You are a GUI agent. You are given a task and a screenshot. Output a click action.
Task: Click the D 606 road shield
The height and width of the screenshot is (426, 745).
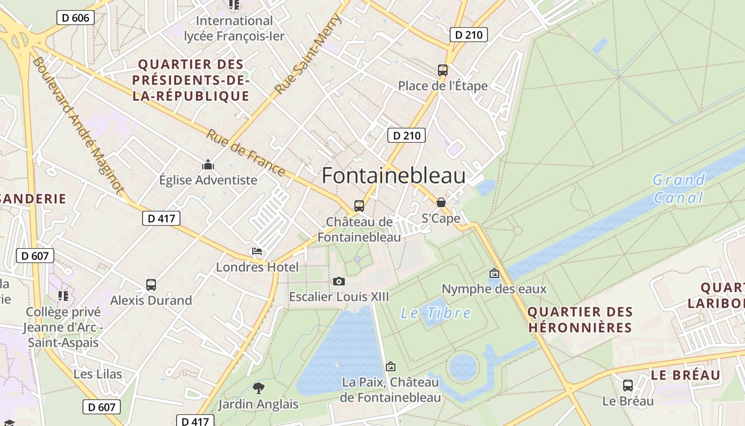(75, 18)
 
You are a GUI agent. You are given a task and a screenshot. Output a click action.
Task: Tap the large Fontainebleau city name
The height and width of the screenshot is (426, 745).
(393, 176)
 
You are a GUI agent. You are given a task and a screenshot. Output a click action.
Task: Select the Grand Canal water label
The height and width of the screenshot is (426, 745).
(678, 189)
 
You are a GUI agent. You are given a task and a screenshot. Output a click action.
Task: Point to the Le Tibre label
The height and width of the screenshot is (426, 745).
(435, 313)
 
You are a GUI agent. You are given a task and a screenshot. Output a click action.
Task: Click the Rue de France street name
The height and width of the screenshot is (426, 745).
(245, 153)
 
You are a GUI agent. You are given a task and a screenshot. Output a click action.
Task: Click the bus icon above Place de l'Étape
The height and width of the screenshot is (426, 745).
(442, 70)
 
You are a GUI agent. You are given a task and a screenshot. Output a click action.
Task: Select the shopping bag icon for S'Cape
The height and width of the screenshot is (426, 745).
(441, 202)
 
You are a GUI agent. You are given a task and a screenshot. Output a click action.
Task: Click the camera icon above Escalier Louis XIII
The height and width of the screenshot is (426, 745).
(338, 281)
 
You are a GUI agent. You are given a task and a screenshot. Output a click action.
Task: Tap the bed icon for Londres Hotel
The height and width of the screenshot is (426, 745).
(257, 251)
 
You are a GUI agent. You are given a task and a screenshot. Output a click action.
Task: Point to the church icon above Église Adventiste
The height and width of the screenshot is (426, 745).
(208, 165)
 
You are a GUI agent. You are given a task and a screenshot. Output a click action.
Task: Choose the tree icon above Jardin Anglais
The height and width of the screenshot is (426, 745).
(259, 388)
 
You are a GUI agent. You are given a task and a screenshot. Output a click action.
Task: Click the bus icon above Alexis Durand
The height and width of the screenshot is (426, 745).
(151, 285)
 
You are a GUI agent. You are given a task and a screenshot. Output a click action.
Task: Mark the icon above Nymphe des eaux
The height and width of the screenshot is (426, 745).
(494, 273)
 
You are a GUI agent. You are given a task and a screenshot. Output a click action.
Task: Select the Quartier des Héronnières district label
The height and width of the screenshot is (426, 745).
(580, 319)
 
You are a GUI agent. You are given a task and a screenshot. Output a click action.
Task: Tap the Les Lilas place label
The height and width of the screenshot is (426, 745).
(98, 374)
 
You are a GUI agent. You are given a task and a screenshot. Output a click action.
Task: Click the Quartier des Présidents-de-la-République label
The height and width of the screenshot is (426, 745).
(191, 80)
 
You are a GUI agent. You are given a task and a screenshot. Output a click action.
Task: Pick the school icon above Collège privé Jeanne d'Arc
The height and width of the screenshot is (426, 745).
(63, 296)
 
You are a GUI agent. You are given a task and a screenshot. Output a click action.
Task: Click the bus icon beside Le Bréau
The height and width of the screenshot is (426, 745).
(628, 385)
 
